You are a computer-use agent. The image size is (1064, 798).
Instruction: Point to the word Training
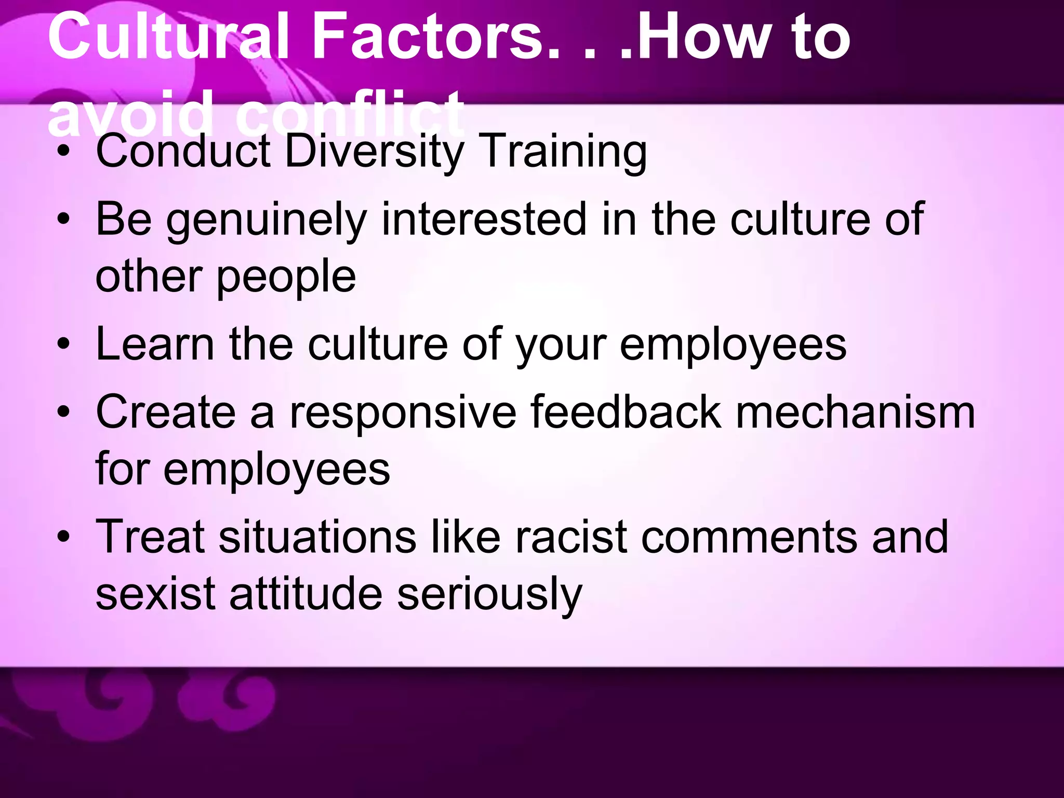(x=564, y=152)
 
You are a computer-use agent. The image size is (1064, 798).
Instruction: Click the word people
(x=286, y=277)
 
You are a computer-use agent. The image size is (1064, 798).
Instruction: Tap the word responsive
(x=403, y=414)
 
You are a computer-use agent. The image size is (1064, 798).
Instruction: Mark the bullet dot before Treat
(x=63, y=537)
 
